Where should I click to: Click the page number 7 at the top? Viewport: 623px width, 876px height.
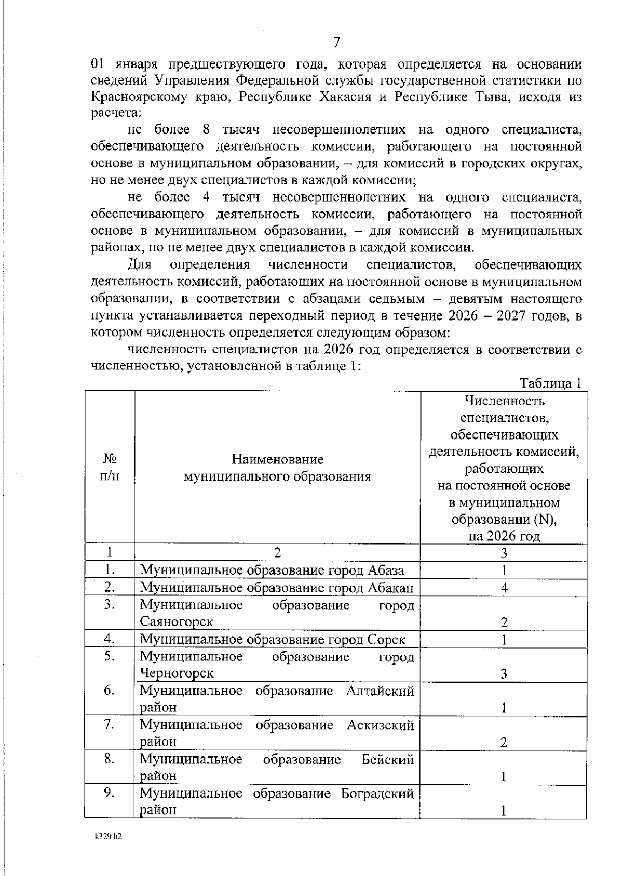tap(336, 43)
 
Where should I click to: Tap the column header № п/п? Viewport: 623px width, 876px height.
tap(109, 467)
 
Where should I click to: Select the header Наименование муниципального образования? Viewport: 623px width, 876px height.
tap(277, 468)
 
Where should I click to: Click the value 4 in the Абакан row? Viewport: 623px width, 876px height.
tap(504, 588)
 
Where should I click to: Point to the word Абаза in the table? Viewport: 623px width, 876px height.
tap(386, 570)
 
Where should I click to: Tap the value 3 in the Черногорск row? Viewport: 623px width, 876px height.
tap(504, 674)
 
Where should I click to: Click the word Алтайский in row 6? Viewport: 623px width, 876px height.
tap(380, 691)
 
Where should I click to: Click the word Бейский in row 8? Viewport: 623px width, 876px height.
tap(387, 760)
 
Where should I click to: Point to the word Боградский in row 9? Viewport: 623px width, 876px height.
tap(377, 794)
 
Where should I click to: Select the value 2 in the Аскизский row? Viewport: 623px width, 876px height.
tap(504, 742)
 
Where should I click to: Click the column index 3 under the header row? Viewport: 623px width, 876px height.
tap(504, 553)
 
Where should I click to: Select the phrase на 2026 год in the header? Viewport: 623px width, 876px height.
tap(504, 536)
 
